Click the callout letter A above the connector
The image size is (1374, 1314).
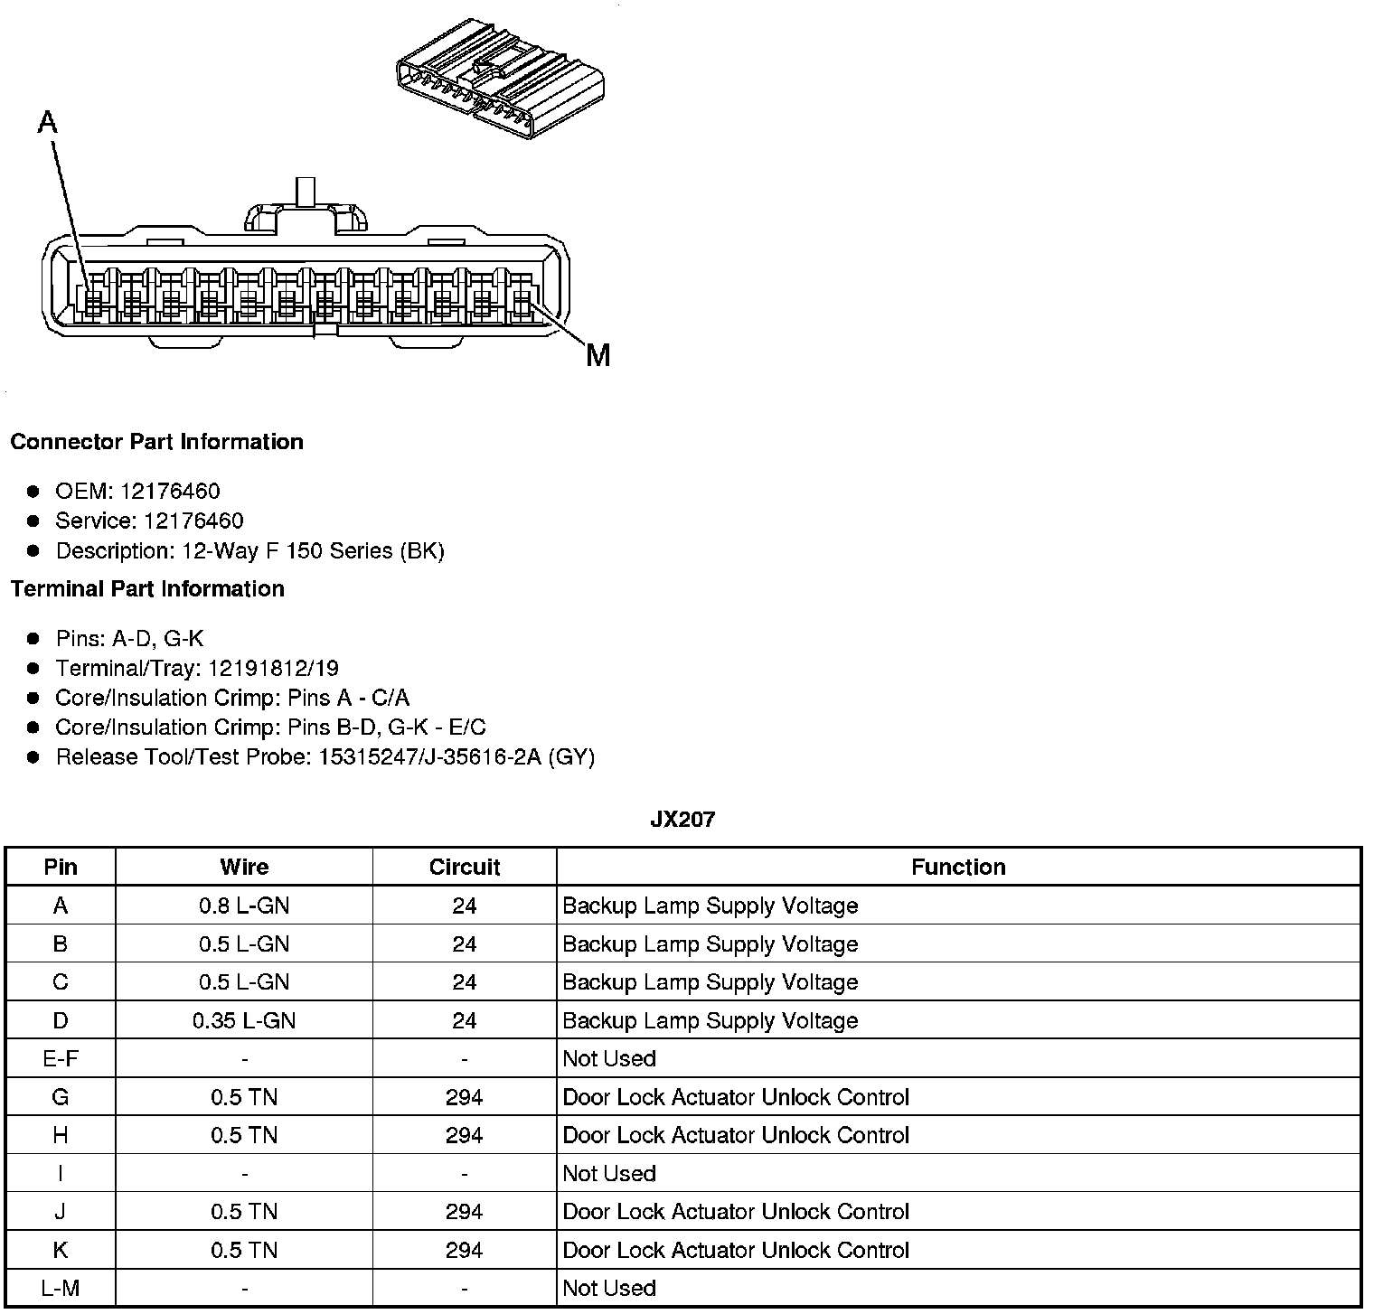pos(48,122)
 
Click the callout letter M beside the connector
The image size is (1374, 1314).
pos(598,355)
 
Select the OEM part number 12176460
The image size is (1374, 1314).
pos(170,492)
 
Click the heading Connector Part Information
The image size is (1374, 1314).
pos(156,442)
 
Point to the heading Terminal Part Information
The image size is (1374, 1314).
pos(147,589)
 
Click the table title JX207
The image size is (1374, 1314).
pos(682,820)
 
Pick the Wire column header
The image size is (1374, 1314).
pos(244,868)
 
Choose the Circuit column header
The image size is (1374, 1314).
pos(465,868)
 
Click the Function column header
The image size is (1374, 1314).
pos(958,868)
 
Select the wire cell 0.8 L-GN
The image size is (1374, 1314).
pos(244,906)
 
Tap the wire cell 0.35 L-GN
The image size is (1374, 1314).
pos(244,1020)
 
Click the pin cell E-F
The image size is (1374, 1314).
pos(61,1058)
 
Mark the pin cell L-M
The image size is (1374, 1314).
pos(61,1288)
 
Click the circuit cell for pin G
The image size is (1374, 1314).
pos(465,1097)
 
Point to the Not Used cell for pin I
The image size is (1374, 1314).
pos(609,1173)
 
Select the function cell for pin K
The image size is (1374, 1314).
pos(736,1250)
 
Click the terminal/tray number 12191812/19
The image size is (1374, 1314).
pos(273,669)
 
